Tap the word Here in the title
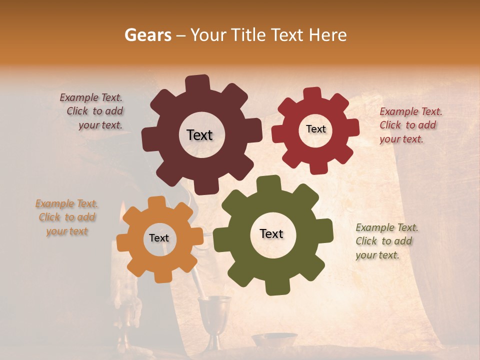[328, 35]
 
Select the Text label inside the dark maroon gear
[199, 135]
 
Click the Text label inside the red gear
[315, 129]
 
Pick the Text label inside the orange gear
[159, 238]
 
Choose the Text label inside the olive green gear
[271, 233]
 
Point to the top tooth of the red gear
[312, 93]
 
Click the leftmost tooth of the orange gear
[123, 243]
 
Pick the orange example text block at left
[67, 217]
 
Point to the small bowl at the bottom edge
[274, 340]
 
